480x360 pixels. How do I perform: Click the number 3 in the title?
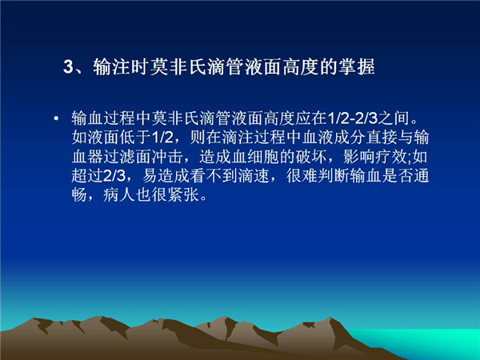coord(68,66)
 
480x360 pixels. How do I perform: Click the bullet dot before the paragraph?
coord(56,118)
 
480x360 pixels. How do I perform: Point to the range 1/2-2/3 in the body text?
coord(352,118)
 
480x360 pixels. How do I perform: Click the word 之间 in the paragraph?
coord(394,118)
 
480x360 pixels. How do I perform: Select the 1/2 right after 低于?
coord(162,138)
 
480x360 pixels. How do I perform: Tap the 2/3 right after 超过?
coord(114,176)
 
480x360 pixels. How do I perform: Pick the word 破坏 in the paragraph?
coord(311,157)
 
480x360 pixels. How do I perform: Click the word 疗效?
coord(390,157)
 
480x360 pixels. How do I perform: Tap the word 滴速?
coord(254,176)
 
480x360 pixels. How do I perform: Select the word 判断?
coord(334,176)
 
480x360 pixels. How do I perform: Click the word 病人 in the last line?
coord(119,195)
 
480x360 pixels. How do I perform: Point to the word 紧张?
coord(183,195)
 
